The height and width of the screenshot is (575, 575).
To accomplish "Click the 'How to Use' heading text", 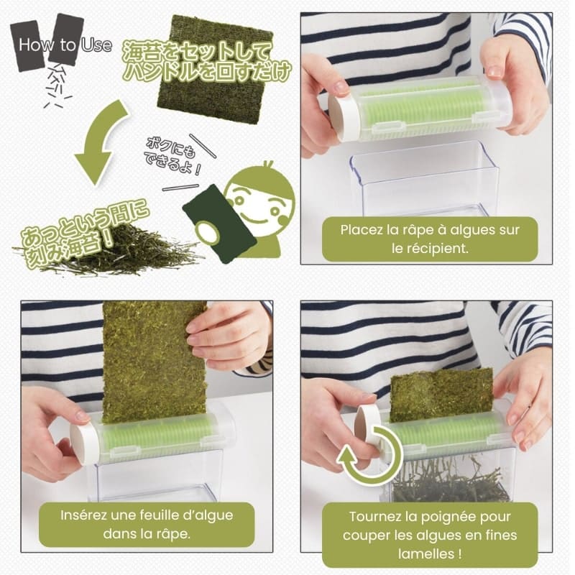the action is point(65,45).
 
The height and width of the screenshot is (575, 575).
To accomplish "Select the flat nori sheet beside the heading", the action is point(216,69).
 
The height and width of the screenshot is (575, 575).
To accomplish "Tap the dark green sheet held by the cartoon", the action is point(219,224).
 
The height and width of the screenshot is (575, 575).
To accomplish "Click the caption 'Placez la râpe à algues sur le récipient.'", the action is point(430,239).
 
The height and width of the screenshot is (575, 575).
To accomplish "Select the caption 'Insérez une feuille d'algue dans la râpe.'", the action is point(147,524).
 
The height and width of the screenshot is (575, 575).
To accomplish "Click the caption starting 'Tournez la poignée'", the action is point(430,535).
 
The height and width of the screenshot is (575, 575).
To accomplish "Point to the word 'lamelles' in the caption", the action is point(423,553).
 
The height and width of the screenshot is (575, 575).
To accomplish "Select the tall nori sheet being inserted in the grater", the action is point(154,362).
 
